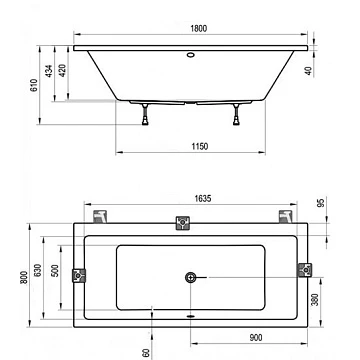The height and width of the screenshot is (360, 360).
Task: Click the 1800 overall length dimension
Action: coord(199,29)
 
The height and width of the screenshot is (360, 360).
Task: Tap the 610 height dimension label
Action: coord(34,85)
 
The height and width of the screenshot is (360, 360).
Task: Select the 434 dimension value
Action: coord(49,71)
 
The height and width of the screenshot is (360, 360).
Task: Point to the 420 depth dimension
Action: coord(63,71)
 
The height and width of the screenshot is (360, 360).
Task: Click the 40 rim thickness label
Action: coord(309,71)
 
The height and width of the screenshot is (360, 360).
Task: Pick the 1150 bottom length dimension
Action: coord(199,146)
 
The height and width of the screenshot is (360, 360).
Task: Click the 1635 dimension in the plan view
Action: coord(203,199)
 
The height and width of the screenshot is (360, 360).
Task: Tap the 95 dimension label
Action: coord(320,203)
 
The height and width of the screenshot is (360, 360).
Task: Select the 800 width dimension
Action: coord(24,277)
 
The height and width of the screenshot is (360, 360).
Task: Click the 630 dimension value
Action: coord(38,270)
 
